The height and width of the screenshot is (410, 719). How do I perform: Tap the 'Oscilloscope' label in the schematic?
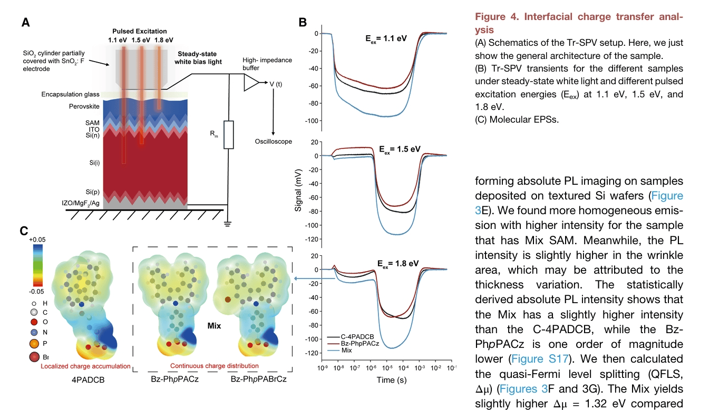pos(273,142)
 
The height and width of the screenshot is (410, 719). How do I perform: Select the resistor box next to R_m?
pos(228,134)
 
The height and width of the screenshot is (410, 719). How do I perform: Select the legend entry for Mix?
pos(346,350)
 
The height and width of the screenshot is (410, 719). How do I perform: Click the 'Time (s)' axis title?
pos(392,379)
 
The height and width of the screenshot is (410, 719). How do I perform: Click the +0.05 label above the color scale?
pos(37,239)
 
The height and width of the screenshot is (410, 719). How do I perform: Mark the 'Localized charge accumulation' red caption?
pos(85,366)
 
